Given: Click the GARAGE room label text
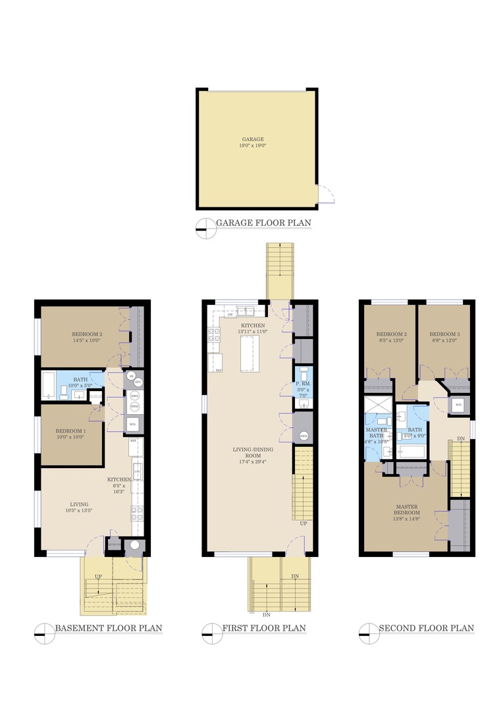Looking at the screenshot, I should [253, 140].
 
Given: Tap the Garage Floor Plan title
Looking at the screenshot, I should [263, 223].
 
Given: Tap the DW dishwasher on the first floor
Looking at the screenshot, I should [230, 315].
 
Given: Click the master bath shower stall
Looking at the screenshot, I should [377, 405].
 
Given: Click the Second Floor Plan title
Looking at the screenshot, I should [426, 628].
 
